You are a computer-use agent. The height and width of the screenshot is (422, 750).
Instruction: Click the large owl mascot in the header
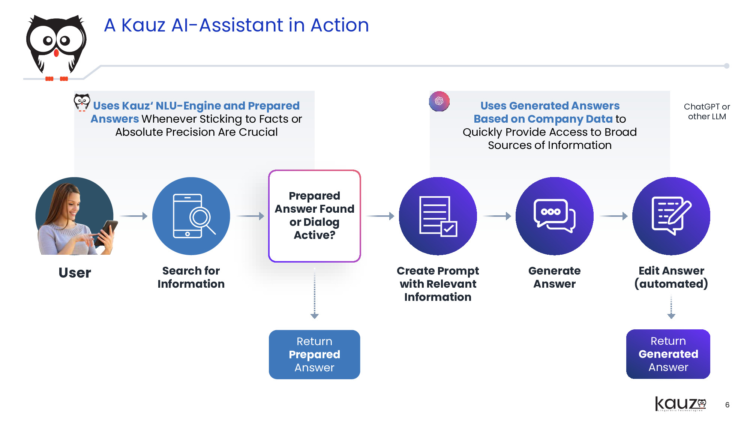[x=56, y=45]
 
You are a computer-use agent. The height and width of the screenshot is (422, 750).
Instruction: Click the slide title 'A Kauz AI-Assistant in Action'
[x=236, y=26]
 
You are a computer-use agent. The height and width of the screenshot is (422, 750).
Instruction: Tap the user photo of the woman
[x=75, y=216]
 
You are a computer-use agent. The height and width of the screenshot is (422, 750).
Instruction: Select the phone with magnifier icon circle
[x=191, y=216]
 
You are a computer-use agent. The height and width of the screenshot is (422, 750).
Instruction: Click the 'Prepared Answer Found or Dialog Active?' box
[x=314, y=216]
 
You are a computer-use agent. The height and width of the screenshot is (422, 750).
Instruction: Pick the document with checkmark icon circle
[x=438, y=216]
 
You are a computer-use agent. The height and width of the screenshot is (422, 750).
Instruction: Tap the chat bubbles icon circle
[x=554, y=216]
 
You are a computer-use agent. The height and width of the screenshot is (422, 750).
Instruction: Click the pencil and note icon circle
[x=671, y=216]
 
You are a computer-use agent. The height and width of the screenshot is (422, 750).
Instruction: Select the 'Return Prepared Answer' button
[x=314, y=354]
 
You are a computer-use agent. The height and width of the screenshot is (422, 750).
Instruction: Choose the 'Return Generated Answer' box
[x=668, y=354]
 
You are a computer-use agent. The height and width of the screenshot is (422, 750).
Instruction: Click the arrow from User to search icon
[x=133, y=216]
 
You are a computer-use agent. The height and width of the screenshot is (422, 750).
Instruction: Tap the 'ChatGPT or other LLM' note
[x=707, y=111]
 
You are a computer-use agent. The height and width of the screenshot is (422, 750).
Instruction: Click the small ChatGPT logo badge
[x=439, y=101]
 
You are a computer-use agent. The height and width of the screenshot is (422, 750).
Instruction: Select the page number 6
[x=727, y=405]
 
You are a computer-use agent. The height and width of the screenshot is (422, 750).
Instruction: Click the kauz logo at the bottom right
[x=680, y=404]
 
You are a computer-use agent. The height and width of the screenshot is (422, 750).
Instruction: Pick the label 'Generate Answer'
[x=554, y=277]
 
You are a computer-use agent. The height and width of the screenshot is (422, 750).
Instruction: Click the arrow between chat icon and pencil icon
[x=614, y=216]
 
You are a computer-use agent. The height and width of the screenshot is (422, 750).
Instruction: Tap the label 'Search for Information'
[x=191, y=277]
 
